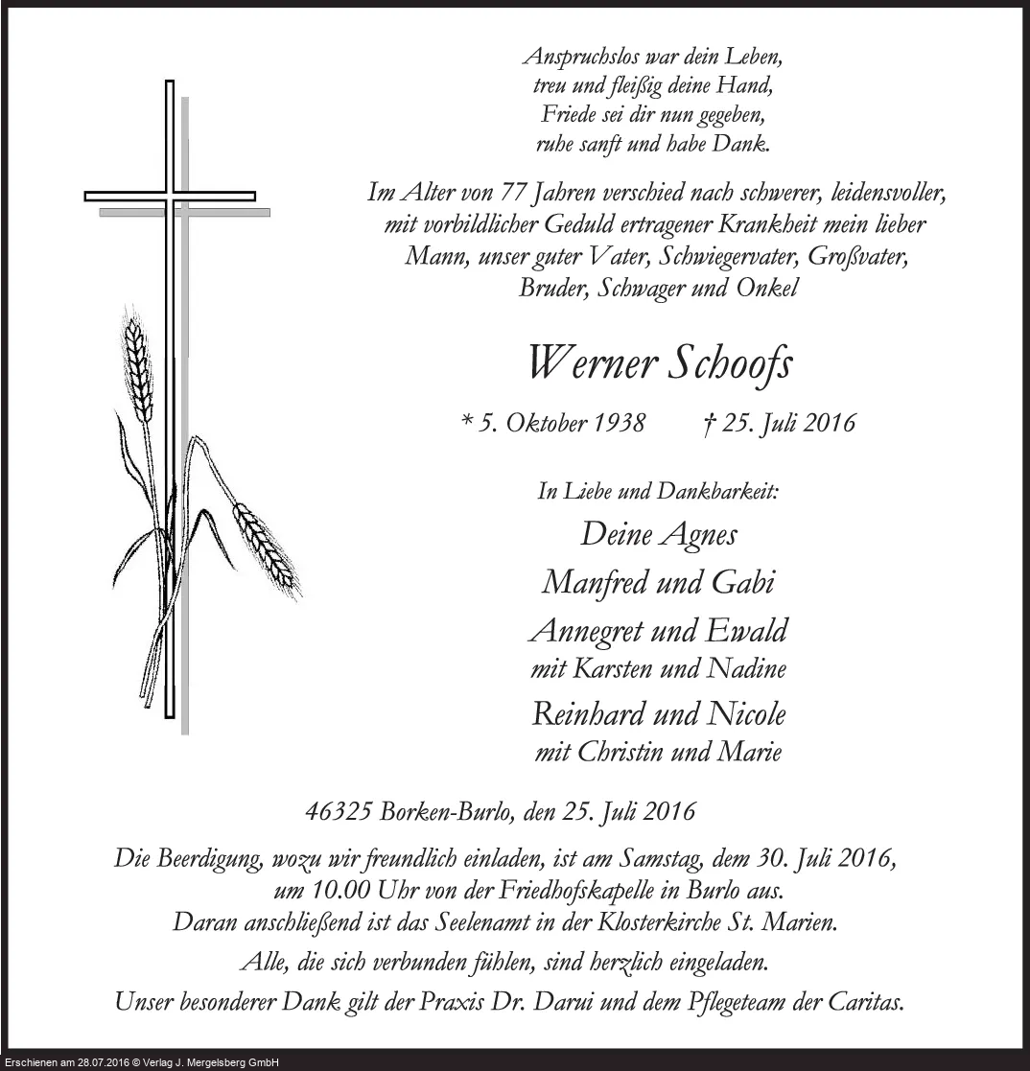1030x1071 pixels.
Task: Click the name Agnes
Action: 699,534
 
